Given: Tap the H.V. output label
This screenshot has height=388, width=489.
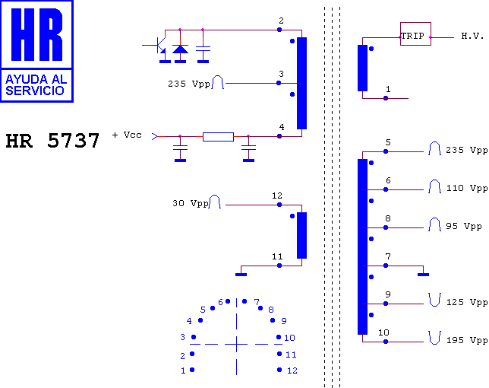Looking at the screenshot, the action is click(472, 36).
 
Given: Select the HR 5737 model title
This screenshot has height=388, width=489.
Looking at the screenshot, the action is click(52, 140).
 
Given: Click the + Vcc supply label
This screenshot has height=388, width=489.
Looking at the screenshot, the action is click(127, 135).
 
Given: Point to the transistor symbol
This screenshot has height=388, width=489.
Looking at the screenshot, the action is click(159, 46).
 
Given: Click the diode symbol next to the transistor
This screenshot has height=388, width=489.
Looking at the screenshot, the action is click(180, 49).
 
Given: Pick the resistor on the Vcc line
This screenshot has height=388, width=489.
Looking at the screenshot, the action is click(218, 137).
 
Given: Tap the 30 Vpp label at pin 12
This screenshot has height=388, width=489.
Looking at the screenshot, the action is click(191, 203).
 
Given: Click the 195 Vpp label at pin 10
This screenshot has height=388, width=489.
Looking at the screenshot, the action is click(467, 340).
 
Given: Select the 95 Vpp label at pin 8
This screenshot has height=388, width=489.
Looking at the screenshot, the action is click(464, 226).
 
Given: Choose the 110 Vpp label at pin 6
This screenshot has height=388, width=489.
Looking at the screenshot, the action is click(467, 189).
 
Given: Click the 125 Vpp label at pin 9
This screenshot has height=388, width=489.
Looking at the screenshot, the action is click(467, 302).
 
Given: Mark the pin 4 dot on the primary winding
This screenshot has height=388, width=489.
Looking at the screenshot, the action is click(279, 136).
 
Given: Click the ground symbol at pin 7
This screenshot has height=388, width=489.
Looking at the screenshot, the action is click(423, 275).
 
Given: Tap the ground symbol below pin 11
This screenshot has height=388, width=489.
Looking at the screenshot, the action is click(241, 275).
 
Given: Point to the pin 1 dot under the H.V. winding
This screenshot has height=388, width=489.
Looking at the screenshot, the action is click(386, 98).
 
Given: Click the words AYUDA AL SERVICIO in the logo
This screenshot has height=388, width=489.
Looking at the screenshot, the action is click(36, 85).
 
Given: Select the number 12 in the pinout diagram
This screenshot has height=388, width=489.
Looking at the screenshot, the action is click(292, 371).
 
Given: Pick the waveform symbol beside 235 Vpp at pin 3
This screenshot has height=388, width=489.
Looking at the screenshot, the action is click(218, 82).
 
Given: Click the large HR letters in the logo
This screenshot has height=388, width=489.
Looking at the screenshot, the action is click(36, 34).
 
